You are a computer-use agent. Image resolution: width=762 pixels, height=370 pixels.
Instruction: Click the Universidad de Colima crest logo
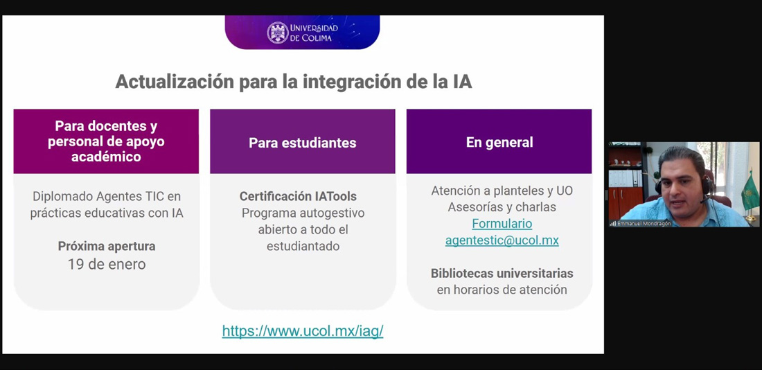(278, 33)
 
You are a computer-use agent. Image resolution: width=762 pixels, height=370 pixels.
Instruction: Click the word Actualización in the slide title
(175, 82)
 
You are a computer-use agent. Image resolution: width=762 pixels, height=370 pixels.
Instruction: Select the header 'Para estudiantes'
(302, 143)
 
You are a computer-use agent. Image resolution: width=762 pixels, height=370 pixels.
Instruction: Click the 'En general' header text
(499, 142)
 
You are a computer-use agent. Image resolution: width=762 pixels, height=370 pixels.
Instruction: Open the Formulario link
(502, 224)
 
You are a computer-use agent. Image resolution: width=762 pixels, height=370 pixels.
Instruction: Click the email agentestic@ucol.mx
(502, 240)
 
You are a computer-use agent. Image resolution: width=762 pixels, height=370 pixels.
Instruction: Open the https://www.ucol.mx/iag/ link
(303, 331)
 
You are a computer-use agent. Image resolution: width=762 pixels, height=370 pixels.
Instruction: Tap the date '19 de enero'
(107, 264)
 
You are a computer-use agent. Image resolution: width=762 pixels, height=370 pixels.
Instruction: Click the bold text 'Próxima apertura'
(107, 247)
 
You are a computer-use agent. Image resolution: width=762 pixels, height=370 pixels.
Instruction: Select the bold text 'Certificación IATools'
(298, 196)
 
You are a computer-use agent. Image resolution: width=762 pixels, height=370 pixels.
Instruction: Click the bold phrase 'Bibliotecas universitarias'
(502, 273)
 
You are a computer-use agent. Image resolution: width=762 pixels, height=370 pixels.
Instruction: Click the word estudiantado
(303, 247)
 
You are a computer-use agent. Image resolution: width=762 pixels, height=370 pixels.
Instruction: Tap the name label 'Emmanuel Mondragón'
(644, 224)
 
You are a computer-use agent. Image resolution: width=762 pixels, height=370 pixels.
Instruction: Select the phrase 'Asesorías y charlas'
(502, 207)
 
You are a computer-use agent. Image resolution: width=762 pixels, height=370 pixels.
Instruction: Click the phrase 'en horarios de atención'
(502, 290)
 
